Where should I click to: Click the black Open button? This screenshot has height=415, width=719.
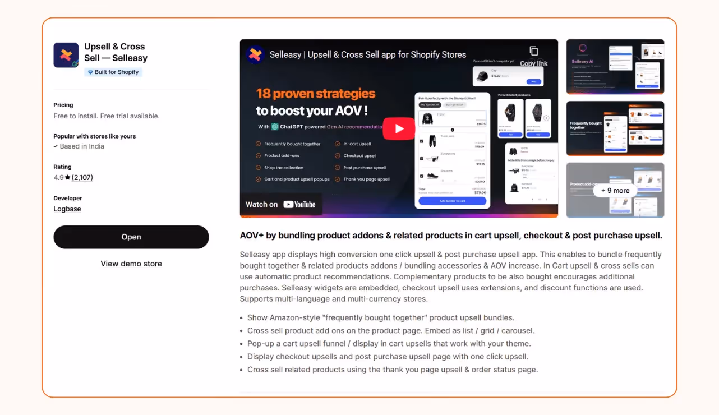131,237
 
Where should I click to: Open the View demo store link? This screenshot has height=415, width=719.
131,264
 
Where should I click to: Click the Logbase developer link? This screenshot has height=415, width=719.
67,209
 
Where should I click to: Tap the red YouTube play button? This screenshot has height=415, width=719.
399,128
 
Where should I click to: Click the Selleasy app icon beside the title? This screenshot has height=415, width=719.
66,55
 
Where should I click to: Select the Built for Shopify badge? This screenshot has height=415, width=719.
113,72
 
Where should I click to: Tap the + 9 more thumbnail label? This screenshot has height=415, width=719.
615,191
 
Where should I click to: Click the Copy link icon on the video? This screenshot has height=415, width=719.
533,51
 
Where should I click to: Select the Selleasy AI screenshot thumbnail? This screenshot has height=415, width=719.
615,66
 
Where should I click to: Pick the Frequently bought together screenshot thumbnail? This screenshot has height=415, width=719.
615,128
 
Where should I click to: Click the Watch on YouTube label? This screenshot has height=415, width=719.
280,205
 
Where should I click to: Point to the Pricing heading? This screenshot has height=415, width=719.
63,105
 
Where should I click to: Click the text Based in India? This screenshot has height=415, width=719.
82,146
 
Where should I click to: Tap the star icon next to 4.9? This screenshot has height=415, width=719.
67,178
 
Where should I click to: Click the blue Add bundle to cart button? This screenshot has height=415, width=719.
452,201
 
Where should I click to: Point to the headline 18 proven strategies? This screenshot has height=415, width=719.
316,94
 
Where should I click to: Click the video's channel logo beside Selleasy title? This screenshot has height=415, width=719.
255,54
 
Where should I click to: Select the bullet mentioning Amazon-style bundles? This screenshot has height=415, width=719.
381,317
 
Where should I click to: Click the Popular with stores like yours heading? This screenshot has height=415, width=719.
95,136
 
